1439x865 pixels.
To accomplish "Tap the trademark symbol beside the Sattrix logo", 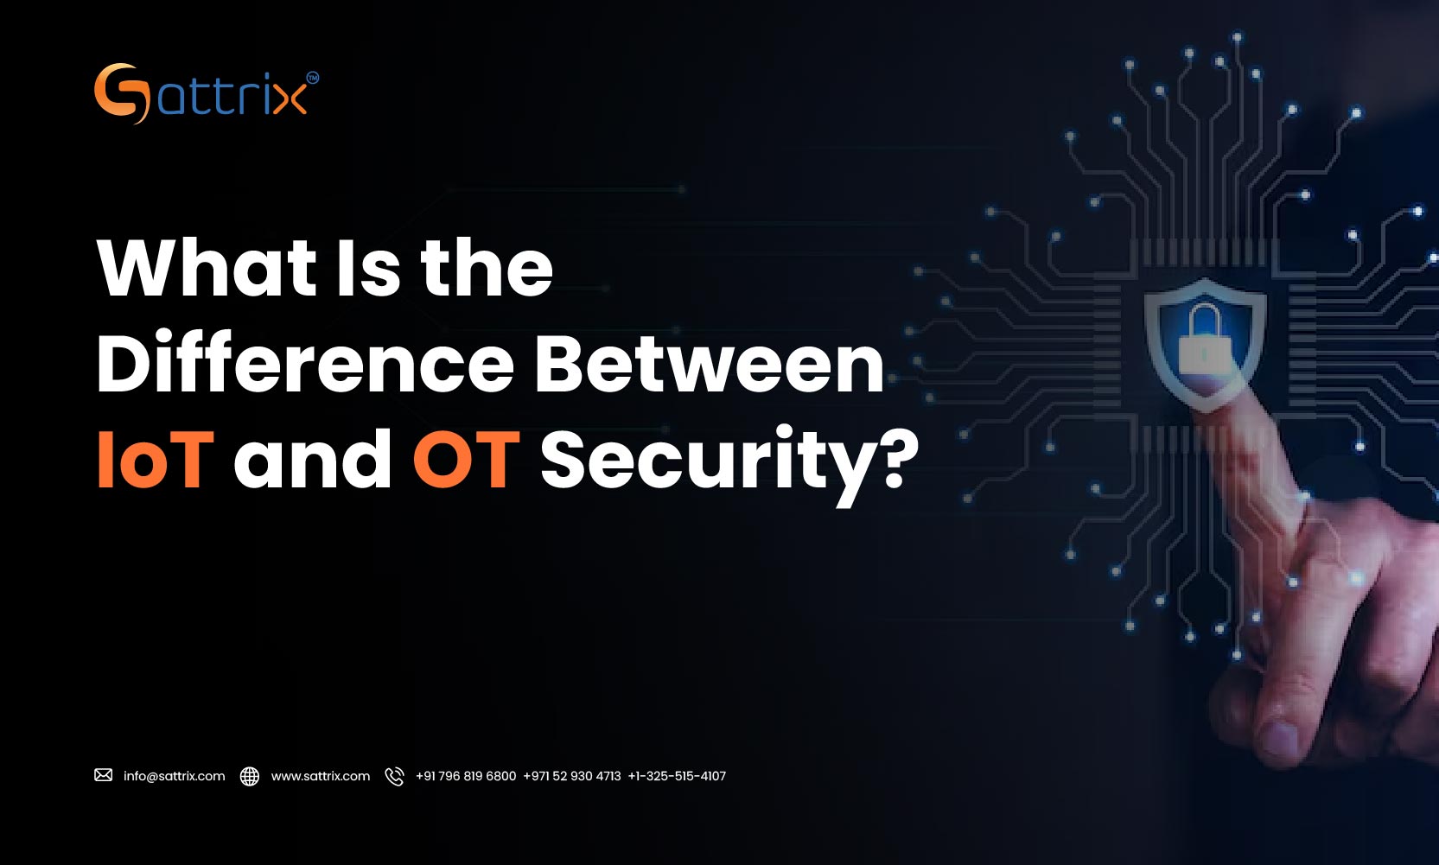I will (312, 78).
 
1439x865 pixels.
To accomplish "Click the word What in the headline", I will (207, 268).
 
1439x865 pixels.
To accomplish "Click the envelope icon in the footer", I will (104, 775).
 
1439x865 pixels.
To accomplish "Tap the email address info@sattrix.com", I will (174, 776).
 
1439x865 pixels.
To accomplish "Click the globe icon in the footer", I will (250, 776).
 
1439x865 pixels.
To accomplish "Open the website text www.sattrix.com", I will (321, 776).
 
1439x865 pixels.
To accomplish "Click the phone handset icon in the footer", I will (394, 776).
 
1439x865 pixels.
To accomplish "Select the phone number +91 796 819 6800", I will (466, 776).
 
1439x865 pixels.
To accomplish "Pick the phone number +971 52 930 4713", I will (572, 776).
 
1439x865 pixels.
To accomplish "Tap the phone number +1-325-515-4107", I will (677, 776).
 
